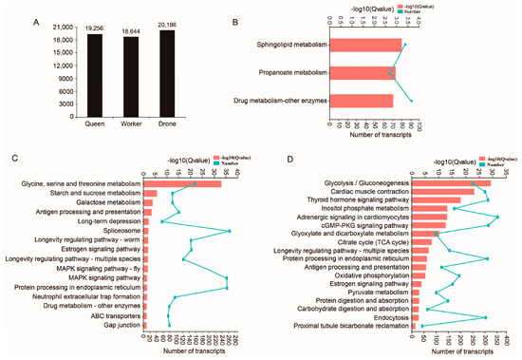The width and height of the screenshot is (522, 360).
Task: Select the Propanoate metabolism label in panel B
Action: coord(291,72)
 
